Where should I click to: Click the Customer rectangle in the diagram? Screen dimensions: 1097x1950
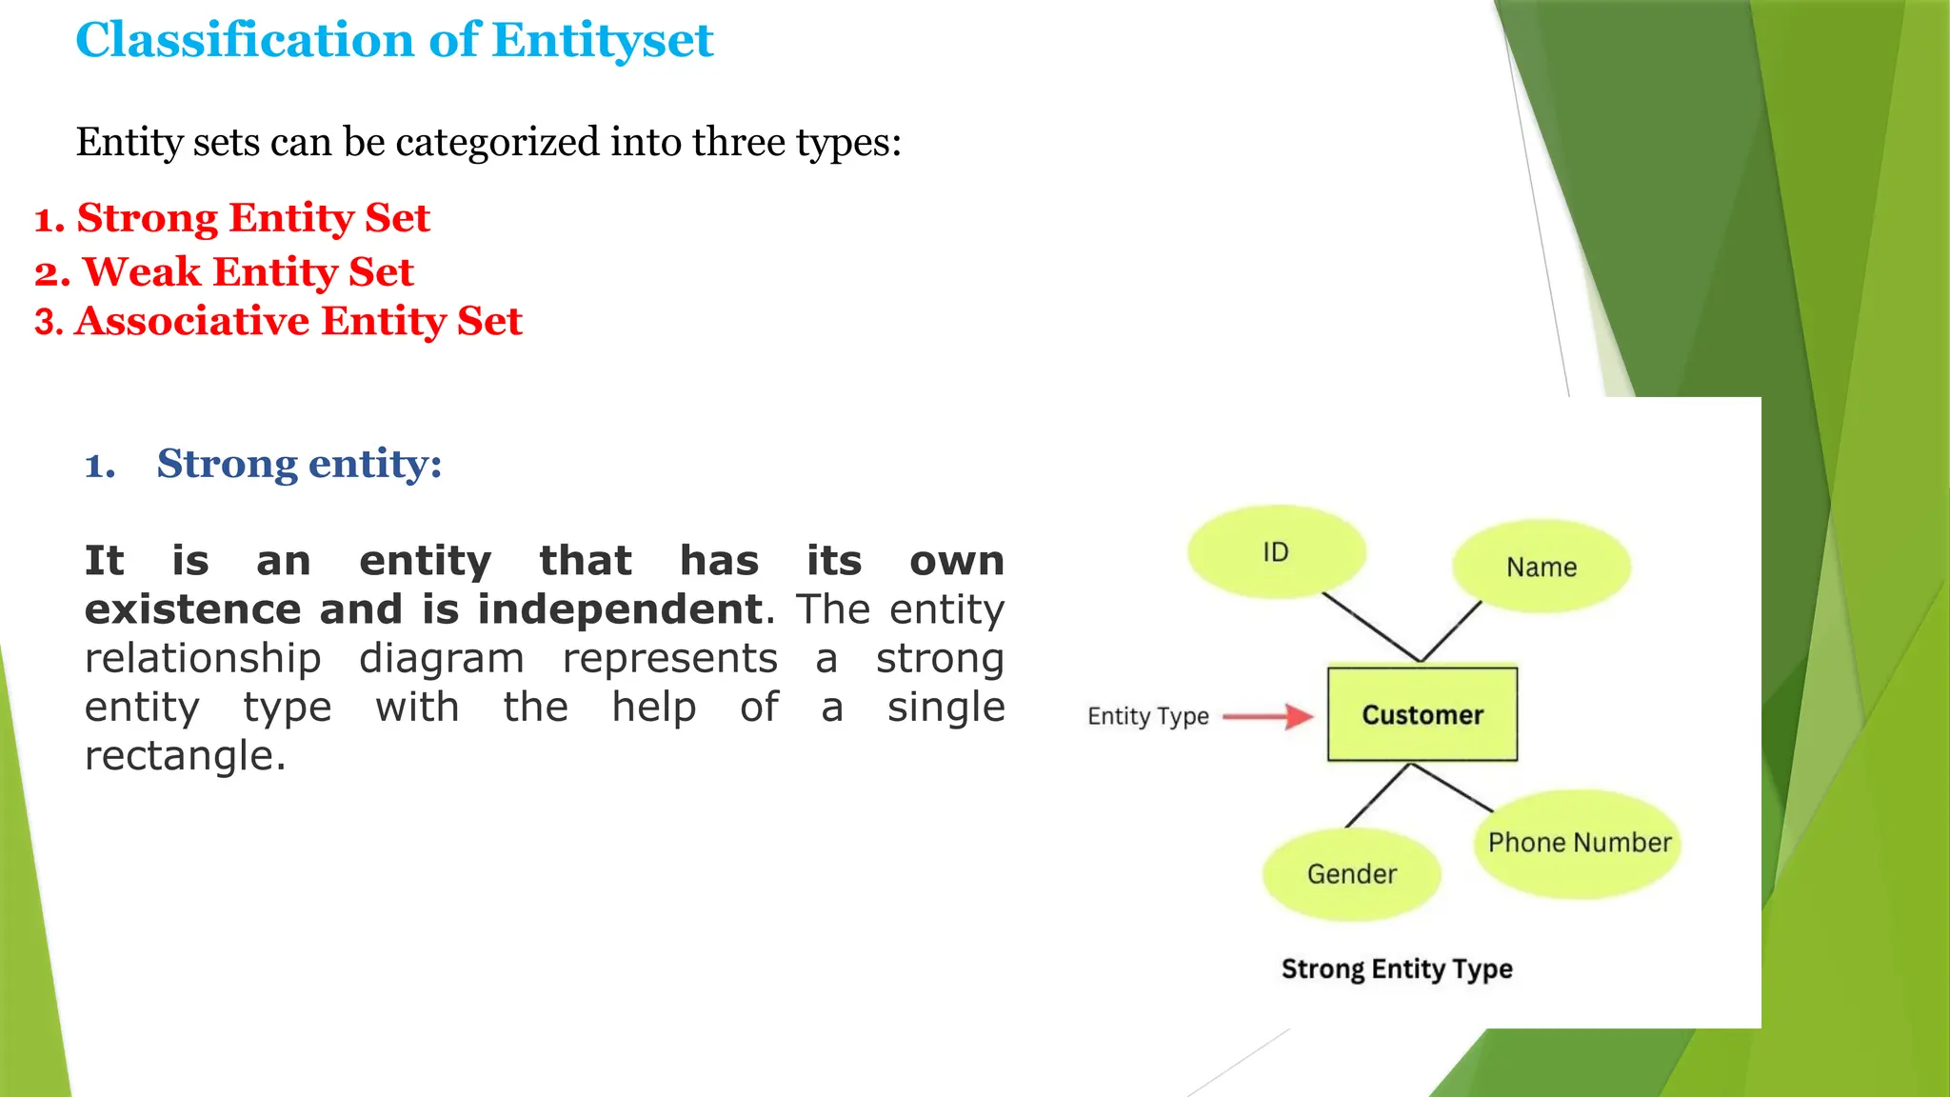click(1422, 714)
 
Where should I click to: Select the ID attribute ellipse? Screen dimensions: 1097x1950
click(1276, 552)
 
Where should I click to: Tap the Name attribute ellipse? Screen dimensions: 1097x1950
click(1541, 568)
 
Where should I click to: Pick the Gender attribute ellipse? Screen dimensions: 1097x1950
click(1351, 874)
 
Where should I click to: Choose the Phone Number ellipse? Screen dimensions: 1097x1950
click(1579, 843)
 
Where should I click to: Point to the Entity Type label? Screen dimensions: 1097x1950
click(1147, 716)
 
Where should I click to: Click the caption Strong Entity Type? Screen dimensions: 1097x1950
click(1396, 969)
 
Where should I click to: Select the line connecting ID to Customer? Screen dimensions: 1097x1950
click(1371, 628)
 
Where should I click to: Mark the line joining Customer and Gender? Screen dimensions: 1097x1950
click(1377, 795)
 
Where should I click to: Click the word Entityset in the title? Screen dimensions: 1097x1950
click(602, 41)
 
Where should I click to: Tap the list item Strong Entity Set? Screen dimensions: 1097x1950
click(252, 218)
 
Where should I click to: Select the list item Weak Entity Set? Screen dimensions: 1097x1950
click(247, 272)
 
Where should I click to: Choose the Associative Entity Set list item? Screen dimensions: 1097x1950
click(297, 321)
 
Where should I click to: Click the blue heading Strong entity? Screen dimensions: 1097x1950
click(299, 464)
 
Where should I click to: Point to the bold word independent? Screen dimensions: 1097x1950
click(619, 609)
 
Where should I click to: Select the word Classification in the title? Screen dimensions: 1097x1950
click(245, 41)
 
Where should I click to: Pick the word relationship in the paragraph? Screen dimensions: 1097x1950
click(203, 659)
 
